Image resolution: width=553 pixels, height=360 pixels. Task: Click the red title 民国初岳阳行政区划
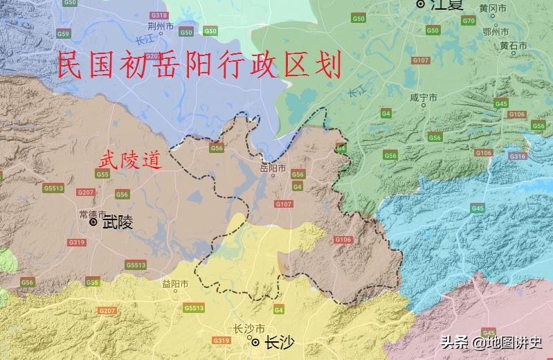coord(199,67)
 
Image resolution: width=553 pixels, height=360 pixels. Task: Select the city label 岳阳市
coord(272,168)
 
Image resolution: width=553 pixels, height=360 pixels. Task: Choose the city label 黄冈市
coord(493,8)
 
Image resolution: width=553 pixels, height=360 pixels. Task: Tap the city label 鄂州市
coord(496,32)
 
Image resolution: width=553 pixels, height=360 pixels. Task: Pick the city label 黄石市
coord(514,46)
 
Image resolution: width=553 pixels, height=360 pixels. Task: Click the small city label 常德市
coord(92,214)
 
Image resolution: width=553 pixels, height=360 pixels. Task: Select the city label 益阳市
coord(175,284)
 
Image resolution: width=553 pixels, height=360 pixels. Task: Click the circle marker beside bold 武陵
coord(93,222)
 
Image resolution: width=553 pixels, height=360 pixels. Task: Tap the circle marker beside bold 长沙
coord(255,342)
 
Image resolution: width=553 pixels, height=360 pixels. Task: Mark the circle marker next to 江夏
coord(420,4)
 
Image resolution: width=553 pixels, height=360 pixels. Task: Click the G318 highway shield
coord(158,15)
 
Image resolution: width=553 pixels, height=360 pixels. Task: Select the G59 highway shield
coord(64,33)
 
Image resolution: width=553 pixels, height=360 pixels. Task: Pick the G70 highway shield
coord(469,21)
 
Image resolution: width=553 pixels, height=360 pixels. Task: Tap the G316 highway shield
coord(518,156)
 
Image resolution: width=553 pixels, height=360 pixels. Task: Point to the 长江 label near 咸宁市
coord(355,90)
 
